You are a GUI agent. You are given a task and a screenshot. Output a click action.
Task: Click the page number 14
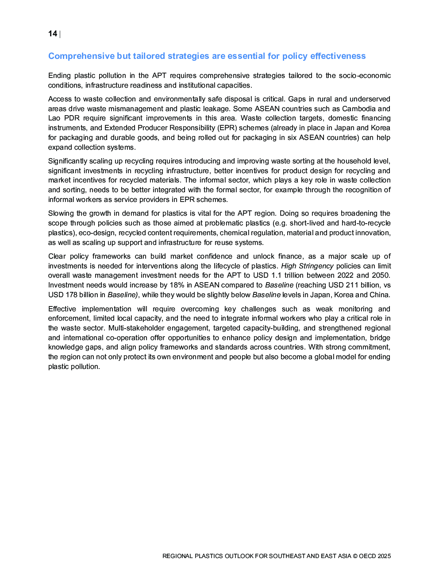pyautogui.click(x=53, y=34)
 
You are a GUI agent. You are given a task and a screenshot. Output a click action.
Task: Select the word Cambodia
pyautogui.click(x=358, y=109)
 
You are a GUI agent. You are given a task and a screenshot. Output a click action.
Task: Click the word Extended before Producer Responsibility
pyautogui.click(x=120, y=128)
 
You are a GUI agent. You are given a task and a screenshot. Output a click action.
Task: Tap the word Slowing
pyautogui.click(x=62, y=213)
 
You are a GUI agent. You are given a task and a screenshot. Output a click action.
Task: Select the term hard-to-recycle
pyautogui.click(x=366, y=223)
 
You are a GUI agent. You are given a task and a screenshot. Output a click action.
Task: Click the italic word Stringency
pyautogui.click(x=316, y=266)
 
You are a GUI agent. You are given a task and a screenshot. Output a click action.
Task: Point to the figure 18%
pyautogui.click(x=177, y=285)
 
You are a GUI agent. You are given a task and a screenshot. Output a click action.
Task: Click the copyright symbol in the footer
pyautogui.click(x=355, y=556)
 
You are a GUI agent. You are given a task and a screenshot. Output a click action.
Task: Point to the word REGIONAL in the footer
pyautogui.click(x=177, y=556)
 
